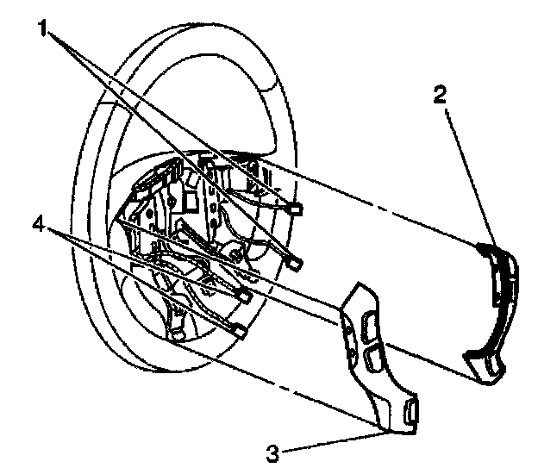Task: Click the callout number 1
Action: (41, 28)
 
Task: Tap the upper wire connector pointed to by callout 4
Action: (244, 296)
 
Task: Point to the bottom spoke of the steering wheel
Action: (178, 323)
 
